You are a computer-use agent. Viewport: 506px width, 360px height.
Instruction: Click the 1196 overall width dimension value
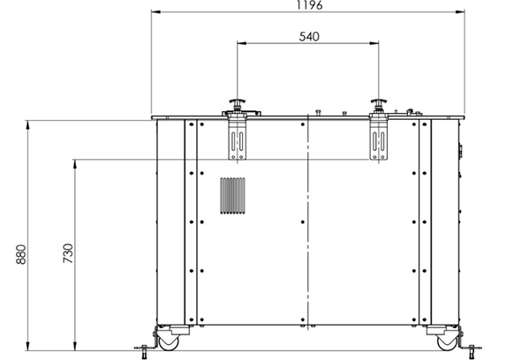click(309, 4)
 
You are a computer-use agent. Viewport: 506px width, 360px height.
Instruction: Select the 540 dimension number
click(309, 36)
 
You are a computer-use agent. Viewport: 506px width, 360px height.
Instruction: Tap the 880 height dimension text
click(21, 254)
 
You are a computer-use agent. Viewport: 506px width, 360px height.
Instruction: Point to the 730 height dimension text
click(68, 253)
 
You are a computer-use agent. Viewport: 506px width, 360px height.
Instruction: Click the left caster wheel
click(169, 342)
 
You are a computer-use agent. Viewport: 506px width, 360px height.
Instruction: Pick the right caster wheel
click(447, 342)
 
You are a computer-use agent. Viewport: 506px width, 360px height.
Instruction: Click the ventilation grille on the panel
click(232, 196)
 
